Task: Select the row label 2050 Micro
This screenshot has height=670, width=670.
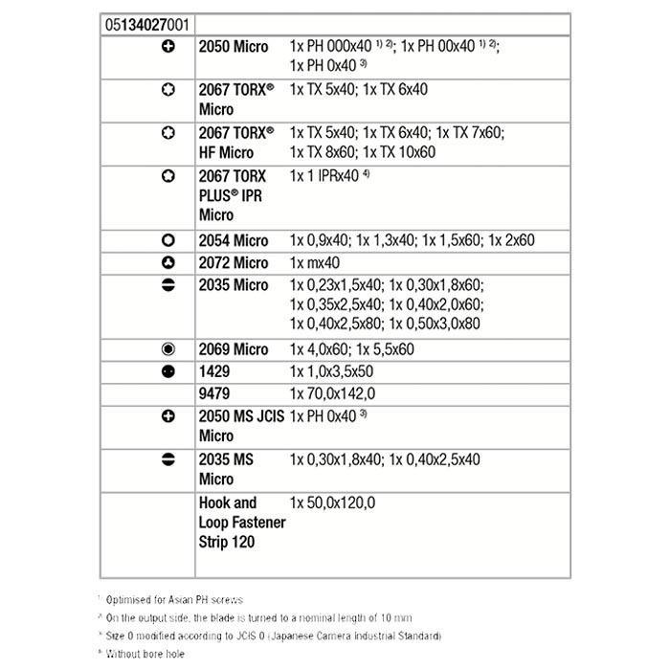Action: click(x=234, y=46)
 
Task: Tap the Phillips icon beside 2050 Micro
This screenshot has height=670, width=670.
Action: click(x=167, y=46)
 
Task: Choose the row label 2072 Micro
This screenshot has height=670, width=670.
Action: click(x=234, y=262)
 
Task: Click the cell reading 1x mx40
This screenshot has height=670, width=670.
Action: click(x=315, y=262)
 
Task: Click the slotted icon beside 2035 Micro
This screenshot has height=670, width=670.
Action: click(x=167, y=285)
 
